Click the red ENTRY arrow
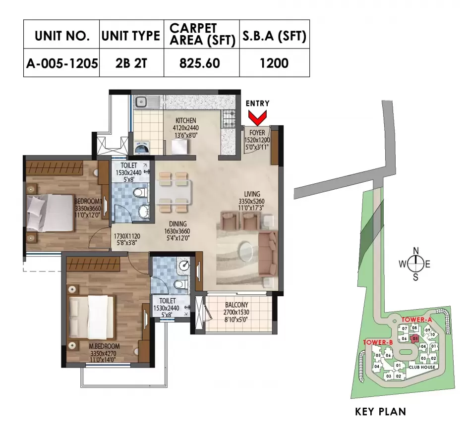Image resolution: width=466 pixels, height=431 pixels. click(x=257, y=118)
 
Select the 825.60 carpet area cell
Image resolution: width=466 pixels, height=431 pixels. click(x=201, y=63)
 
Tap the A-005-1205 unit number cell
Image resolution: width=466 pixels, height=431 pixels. click(x=61, y=63)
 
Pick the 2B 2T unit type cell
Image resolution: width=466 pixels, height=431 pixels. click(x=131, y=63)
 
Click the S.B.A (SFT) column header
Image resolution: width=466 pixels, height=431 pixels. click(x=274, y=35)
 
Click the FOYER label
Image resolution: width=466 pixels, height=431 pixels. click(x=257, y=133)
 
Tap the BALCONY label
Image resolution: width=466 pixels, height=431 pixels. click(x=236, y=305)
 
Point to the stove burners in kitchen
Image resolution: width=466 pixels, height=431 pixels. click(x=230, y=117)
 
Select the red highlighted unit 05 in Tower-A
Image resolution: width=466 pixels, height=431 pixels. click(x=415, y=339)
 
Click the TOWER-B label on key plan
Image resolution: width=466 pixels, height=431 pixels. click(x=378, y=342)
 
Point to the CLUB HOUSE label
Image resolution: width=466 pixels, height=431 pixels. click(x=422, y=367)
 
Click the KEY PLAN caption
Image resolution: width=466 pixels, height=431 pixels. click(x=381, y=412)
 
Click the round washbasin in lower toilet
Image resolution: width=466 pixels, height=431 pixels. click(x=184, y=266)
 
